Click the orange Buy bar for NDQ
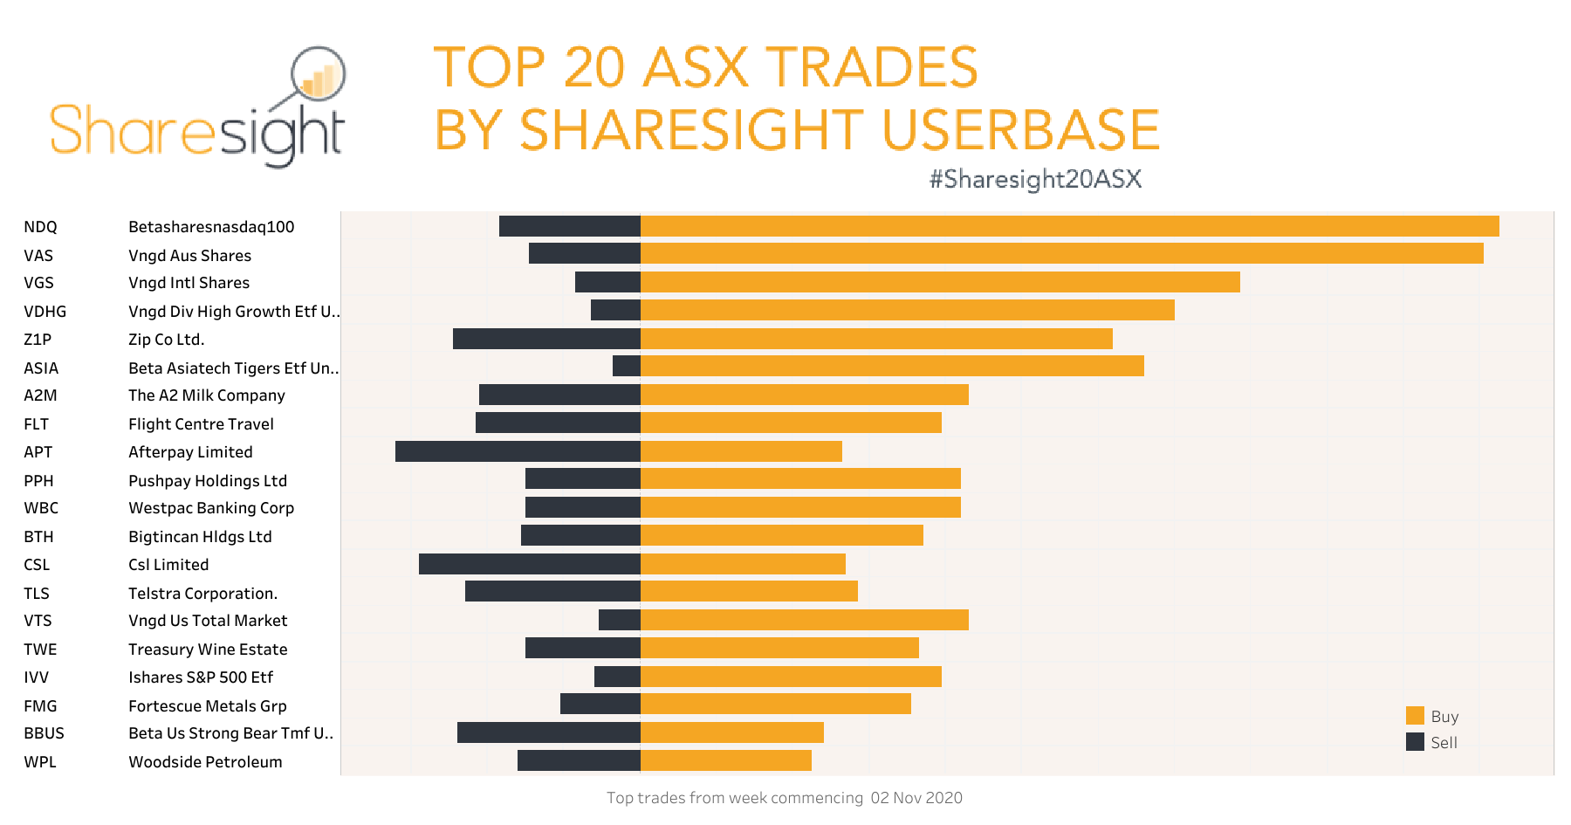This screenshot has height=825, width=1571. point(1069,226)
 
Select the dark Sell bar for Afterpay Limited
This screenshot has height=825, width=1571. point(518,451)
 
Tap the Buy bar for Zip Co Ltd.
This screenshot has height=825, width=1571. point(876,339)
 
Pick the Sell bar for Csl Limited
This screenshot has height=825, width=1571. point(529,564)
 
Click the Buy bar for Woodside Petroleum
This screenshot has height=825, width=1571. point(726,760)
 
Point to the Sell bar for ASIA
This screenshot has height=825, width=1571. point(627,366)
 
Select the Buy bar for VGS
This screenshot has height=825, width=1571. point(940,282)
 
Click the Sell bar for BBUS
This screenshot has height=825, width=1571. point(548,732)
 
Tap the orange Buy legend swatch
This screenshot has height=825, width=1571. point(1415,716)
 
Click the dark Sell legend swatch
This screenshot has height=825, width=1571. point(1415,742)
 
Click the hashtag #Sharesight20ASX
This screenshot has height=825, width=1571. point(1035,179)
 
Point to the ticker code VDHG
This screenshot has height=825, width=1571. point(45,312)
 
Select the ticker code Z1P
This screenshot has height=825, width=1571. point(38,340)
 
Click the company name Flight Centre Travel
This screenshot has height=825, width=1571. point(201,424)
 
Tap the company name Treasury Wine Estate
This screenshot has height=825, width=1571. point(208,650)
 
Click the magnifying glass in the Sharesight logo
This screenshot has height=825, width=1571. point(318,75)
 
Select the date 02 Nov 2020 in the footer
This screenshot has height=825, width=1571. point(916,798)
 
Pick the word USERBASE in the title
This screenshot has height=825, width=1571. point(1020,130)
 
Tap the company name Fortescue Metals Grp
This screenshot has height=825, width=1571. point(207,706)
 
